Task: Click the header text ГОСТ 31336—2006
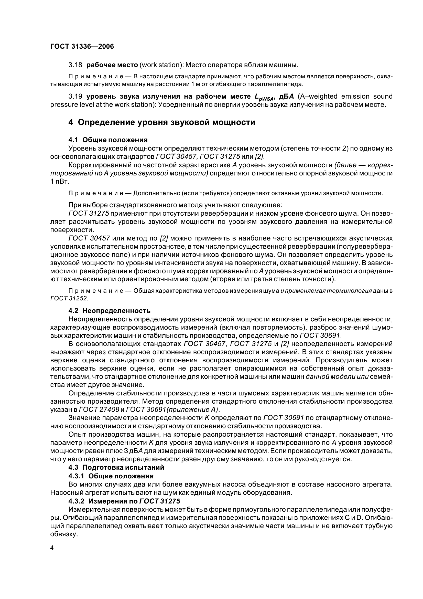[x=82, y=47]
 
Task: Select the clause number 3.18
[x=75, y=65]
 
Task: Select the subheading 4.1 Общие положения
[x=108, y=140]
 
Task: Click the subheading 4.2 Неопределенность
[x=110, y=311]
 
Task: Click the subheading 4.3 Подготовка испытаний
[x=116, y=467]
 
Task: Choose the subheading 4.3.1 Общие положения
[x=111, y=476]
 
